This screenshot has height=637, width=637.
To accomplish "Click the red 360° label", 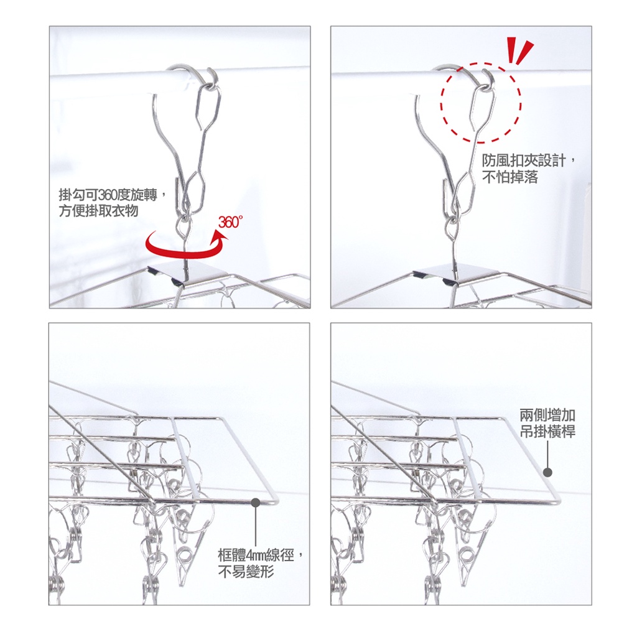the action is click(230, 223).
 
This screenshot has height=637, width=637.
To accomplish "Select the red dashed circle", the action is click(481, 103).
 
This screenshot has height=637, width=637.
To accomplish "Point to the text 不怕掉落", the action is click(510, 177).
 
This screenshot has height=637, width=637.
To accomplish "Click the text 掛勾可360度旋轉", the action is click(108, 195).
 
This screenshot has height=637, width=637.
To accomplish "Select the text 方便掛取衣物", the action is click(98, 211).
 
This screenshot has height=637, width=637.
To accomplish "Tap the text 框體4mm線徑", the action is click(256, 554).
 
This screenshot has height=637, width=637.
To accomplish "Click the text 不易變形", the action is click(246, 571).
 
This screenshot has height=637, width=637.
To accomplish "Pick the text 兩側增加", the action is click(547, 415).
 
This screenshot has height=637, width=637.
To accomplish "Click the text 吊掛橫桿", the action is click(547, 431).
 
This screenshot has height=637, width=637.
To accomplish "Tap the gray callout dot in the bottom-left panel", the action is click(256, 503).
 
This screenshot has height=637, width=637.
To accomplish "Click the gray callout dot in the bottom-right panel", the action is click(547, 472).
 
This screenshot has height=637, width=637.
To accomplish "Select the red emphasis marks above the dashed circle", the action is click(520, 50).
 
